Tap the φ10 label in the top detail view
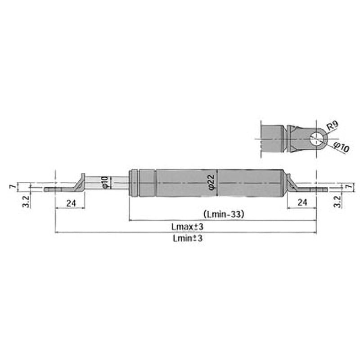click(x=342, y=147)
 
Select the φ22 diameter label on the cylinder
click(x=211, y=183)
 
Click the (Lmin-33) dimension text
click(x=223, y=214)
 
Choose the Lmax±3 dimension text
click(x=188, y=227)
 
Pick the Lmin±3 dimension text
click(x=188, y=238)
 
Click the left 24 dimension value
click(x=71, y=203)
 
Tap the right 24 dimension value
click(x=302, y=202)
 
